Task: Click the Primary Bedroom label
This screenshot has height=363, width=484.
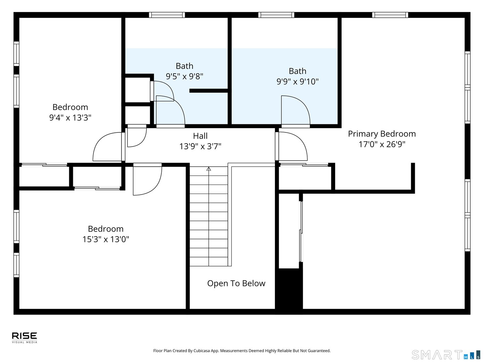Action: coord(382,134)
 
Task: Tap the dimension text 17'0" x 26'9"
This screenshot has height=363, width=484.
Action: coord(382,144)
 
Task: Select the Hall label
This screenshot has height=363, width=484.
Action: coord(200,136)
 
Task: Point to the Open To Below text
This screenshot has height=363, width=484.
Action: coord(236,283)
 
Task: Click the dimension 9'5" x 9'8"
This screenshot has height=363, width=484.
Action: coord(185,76)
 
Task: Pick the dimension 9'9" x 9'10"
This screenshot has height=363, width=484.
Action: coord(297,81)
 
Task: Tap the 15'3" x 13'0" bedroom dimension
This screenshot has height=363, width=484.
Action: coord(106,239)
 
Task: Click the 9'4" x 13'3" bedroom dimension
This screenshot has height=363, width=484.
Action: coord(70,118)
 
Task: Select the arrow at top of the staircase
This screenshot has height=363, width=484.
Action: coord(209,169)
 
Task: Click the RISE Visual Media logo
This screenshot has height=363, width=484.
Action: coord(25,337)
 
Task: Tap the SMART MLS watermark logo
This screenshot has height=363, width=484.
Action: coord(446,355)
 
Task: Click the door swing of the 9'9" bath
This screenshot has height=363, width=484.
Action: coord(295,110)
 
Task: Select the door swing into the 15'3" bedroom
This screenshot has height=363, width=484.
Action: coord(147,180)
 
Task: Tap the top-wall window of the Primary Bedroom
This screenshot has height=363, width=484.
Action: coord(390,15)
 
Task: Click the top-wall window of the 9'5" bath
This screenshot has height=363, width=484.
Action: coord(167,15)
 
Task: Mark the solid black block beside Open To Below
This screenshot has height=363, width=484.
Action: coord(289,288)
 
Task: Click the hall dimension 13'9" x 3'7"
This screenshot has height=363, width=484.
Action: coord(200,147)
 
